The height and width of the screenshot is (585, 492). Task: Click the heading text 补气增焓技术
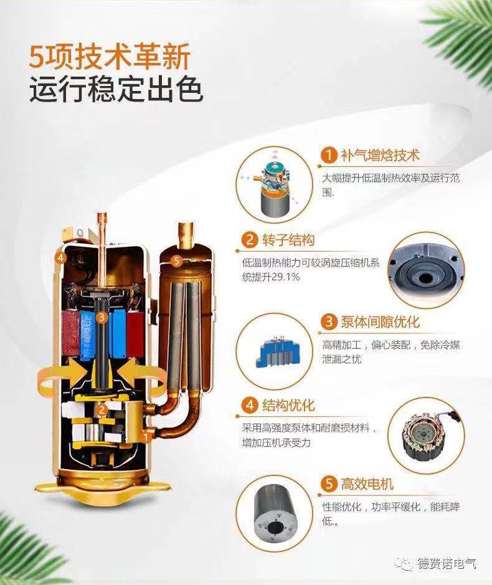[x=380, y=155]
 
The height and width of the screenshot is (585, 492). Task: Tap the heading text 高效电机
[x=367, y=484]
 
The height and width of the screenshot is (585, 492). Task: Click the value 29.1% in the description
[x=285, y=277]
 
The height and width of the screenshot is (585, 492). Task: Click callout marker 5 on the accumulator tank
[x=177, y=260]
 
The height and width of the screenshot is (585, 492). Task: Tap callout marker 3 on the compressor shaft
[x=102, y=318]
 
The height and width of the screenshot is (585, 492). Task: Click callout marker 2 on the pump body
[x=101, y=410]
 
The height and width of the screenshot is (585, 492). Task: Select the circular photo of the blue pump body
[x=275, y=351]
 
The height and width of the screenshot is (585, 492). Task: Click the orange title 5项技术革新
[x=110, y=57]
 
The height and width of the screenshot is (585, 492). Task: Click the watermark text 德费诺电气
[x=447, y=563]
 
